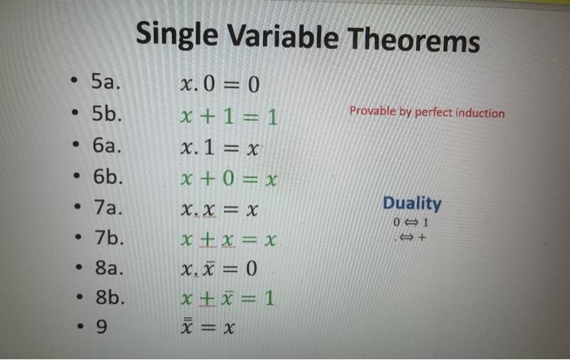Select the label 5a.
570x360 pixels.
[106, 81]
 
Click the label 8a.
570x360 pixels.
[107, 268]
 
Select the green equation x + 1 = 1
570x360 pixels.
[229, 118]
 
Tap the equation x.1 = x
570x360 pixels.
[222, 149]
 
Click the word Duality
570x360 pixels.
[412, 203]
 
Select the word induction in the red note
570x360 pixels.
[480, 113]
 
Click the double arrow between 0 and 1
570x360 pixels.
[412, 222]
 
